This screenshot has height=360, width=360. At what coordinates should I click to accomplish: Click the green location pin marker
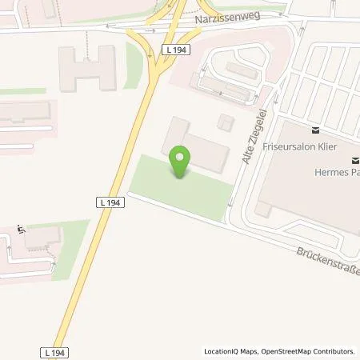click(x=179, y=162)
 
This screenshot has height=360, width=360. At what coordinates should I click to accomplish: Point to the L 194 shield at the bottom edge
click(x=52, y=352)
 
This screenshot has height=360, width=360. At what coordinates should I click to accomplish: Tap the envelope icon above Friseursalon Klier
click(x=315, y=130)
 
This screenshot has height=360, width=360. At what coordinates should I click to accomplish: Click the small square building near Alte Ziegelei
click(x=225, y=121)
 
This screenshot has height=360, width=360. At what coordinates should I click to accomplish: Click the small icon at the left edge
click(x=22, y=231)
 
